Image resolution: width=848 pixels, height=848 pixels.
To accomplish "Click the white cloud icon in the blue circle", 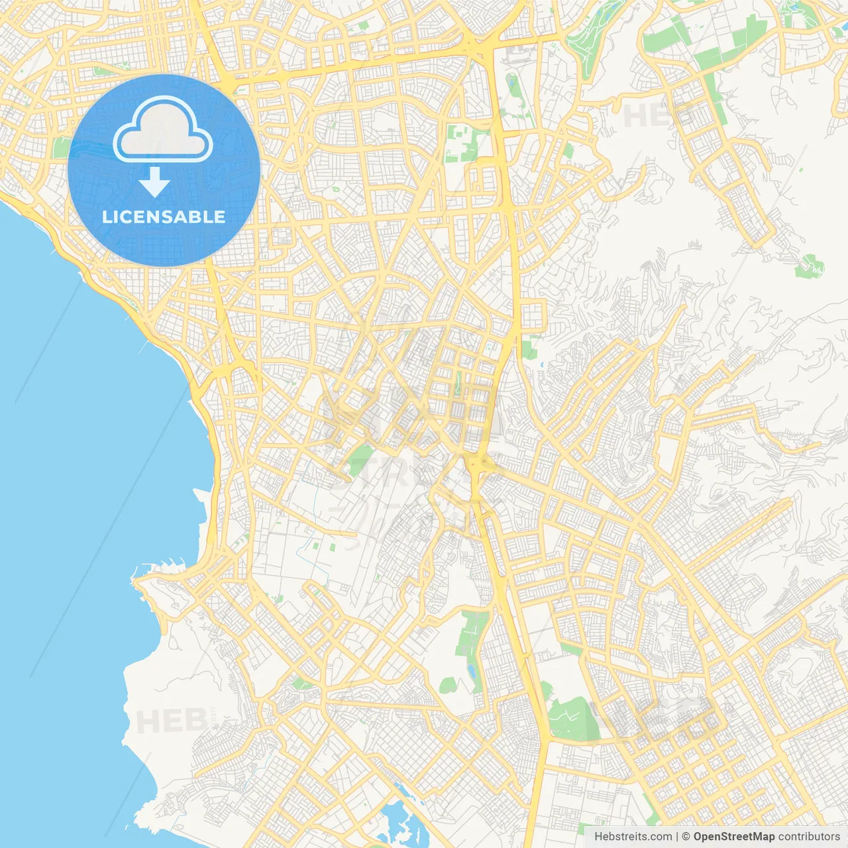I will [163, 131].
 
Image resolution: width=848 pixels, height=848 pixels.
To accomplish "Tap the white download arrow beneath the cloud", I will [154, 183].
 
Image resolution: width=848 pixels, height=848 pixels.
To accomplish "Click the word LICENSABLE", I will [164, 217].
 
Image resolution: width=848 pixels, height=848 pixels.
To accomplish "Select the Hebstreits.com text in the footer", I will [633, 837].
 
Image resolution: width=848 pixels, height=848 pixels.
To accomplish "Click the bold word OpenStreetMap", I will [733, 837].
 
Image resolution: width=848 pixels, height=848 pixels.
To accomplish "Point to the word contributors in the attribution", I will [808, 837].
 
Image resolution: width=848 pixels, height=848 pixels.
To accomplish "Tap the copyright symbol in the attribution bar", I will [686, 837].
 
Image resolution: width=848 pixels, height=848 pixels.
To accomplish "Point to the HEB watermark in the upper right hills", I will [653, 116].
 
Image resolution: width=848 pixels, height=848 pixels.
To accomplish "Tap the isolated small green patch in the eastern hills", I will [810, 265].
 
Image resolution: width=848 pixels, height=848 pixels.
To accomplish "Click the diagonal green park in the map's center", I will [360, 460].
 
